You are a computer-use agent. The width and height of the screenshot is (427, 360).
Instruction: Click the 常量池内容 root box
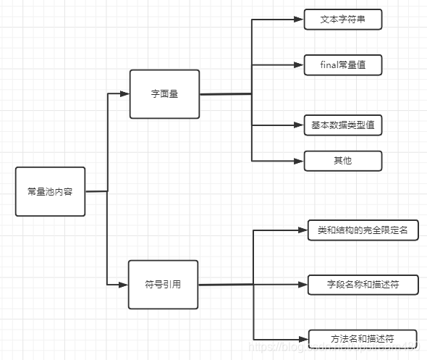click(50, 192)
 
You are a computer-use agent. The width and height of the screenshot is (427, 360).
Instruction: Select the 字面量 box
click(164, 94)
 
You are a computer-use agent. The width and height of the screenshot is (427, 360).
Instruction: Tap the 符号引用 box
click(162, 285)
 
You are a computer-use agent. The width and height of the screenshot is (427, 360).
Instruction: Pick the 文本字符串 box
click(342, 20)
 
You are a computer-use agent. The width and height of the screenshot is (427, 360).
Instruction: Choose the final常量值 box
click(342, 64)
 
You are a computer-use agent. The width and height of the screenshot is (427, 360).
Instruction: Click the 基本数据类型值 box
click(342, 125)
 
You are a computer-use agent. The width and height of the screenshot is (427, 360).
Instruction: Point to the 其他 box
click(342, 160)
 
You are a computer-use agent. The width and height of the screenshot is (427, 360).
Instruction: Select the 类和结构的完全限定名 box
click(363, 230)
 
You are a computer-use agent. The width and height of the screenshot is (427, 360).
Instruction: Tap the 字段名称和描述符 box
click(363, 285)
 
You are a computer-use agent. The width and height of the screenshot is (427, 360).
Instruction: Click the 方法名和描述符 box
click(363, 338)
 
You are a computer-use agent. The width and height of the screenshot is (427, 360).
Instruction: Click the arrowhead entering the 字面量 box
click(124, 94)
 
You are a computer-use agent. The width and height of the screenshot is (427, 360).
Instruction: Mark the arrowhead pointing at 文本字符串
click(299, 20)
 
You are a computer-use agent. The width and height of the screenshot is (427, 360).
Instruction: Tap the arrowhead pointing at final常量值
click(299, 64)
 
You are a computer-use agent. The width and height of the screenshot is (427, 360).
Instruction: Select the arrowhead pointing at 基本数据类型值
click(299, 125)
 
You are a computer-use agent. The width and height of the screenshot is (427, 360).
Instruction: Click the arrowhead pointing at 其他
click(299, 160)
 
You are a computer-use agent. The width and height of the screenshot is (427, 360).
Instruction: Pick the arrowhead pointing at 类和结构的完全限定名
click(303, 230)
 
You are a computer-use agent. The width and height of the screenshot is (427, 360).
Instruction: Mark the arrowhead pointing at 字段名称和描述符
click(303, 285)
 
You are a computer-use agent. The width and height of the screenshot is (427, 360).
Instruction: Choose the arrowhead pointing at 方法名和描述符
click(303, 338)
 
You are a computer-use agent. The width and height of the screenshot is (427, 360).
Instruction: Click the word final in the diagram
click(329, 64)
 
